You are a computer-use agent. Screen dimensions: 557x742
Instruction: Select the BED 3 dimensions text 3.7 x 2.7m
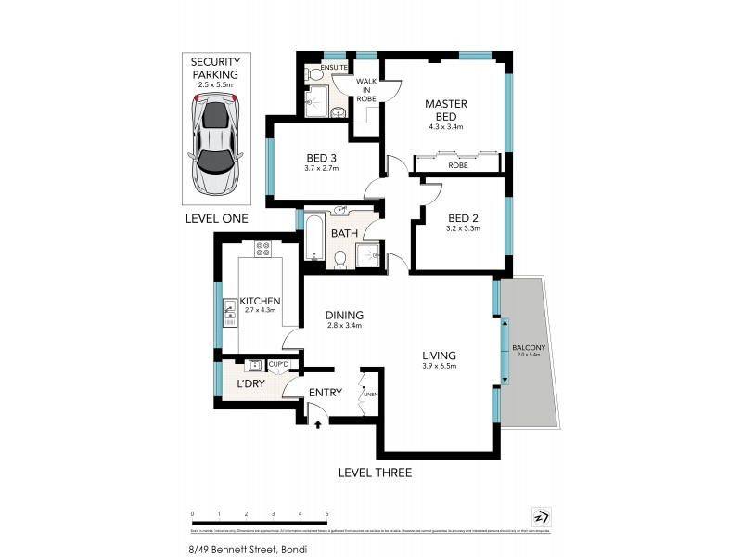pyautogui.click(x=322, y=168)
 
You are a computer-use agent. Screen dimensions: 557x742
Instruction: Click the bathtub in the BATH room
pyautogui.click(x=313, y=237)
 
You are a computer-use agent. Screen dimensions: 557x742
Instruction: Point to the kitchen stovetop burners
pyautogui.click(x=262, y=249)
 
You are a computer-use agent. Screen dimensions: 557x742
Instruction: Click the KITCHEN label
pyautogui.click(x=261, y=302)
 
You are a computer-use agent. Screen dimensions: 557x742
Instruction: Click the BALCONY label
pyautogui.click(x=529, y=347)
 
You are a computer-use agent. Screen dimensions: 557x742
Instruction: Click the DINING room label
pyautogui.click(x=344, y=315)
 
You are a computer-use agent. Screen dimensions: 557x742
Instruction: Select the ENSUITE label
pyautogui.click(x=333, y=69)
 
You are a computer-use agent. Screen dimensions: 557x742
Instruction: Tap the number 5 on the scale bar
pyautogui.click(x=327, y=512)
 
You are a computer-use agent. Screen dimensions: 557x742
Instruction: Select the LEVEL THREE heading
pyautogui.click(x=375, y=473)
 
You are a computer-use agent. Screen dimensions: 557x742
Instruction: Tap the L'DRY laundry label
pyautogui.click(x=250, y=382)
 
